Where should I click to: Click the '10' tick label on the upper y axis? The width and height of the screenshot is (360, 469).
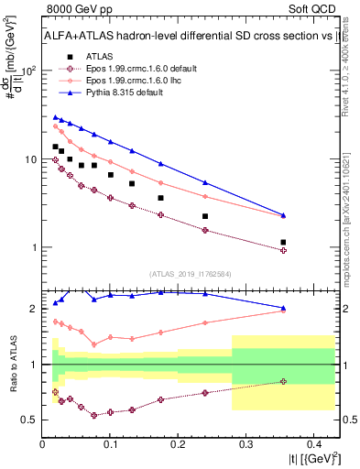pos(28,159)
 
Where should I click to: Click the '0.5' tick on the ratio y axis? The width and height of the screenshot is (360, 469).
pos(28,420)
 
